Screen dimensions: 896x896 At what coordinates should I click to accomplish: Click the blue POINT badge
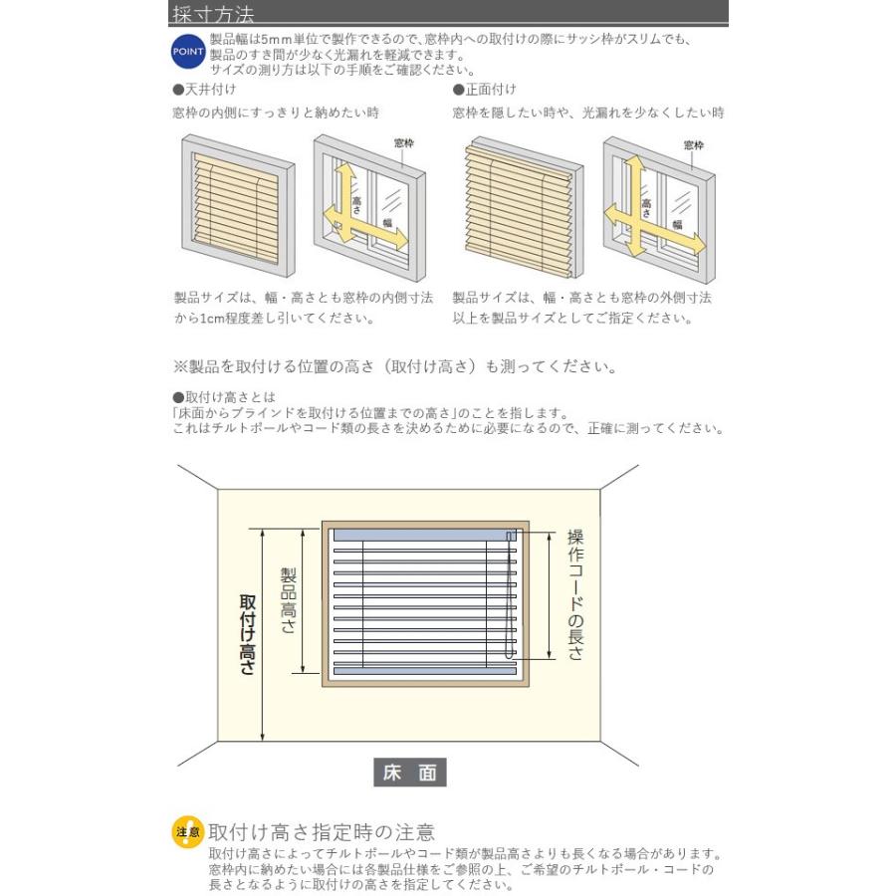188,52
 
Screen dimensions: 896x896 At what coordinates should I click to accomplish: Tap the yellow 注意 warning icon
188,832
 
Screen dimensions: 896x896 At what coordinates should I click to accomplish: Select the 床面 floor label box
410,773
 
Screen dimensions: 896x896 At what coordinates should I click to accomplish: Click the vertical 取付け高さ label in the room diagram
248,634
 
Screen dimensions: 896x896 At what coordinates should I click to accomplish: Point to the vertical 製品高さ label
288,600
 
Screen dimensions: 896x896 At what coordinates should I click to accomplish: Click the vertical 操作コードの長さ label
575,595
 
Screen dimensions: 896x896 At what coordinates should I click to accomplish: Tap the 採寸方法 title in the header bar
213,14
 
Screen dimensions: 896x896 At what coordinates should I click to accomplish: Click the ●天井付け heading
204,90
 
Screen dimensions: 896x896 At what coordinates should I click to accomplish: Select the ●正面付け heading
484,90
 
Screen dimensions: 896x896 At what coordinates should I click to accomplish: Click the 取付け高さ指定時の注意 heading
322,832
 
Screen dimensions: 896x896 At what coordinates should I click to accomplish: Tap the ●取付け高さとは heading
224,396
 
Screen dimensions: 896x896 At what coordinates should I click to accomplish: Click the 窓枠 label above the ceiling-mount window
404,142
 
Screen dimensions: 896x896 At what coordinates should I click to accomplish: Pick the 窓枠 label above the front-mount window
694,145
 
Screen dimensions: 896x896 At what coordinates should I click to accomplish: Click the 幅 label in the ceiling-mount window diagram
388,223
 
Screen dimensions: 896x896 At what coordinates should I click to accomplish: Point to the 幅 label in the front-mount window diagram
678,225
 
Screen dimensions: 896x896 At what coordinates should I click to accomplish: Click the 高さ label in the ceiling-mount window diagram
357,205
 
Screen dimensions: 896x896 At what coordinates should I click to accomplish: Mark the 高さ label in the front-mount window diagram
647,207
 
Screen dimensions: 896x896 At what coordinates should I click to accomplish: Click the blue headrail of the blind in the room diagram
424,536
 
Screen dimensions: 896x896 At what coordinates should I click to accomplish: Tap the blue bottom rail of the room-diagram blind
424,671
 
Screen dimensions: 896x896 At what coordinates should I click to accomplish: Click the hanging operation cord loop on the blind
509,594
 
